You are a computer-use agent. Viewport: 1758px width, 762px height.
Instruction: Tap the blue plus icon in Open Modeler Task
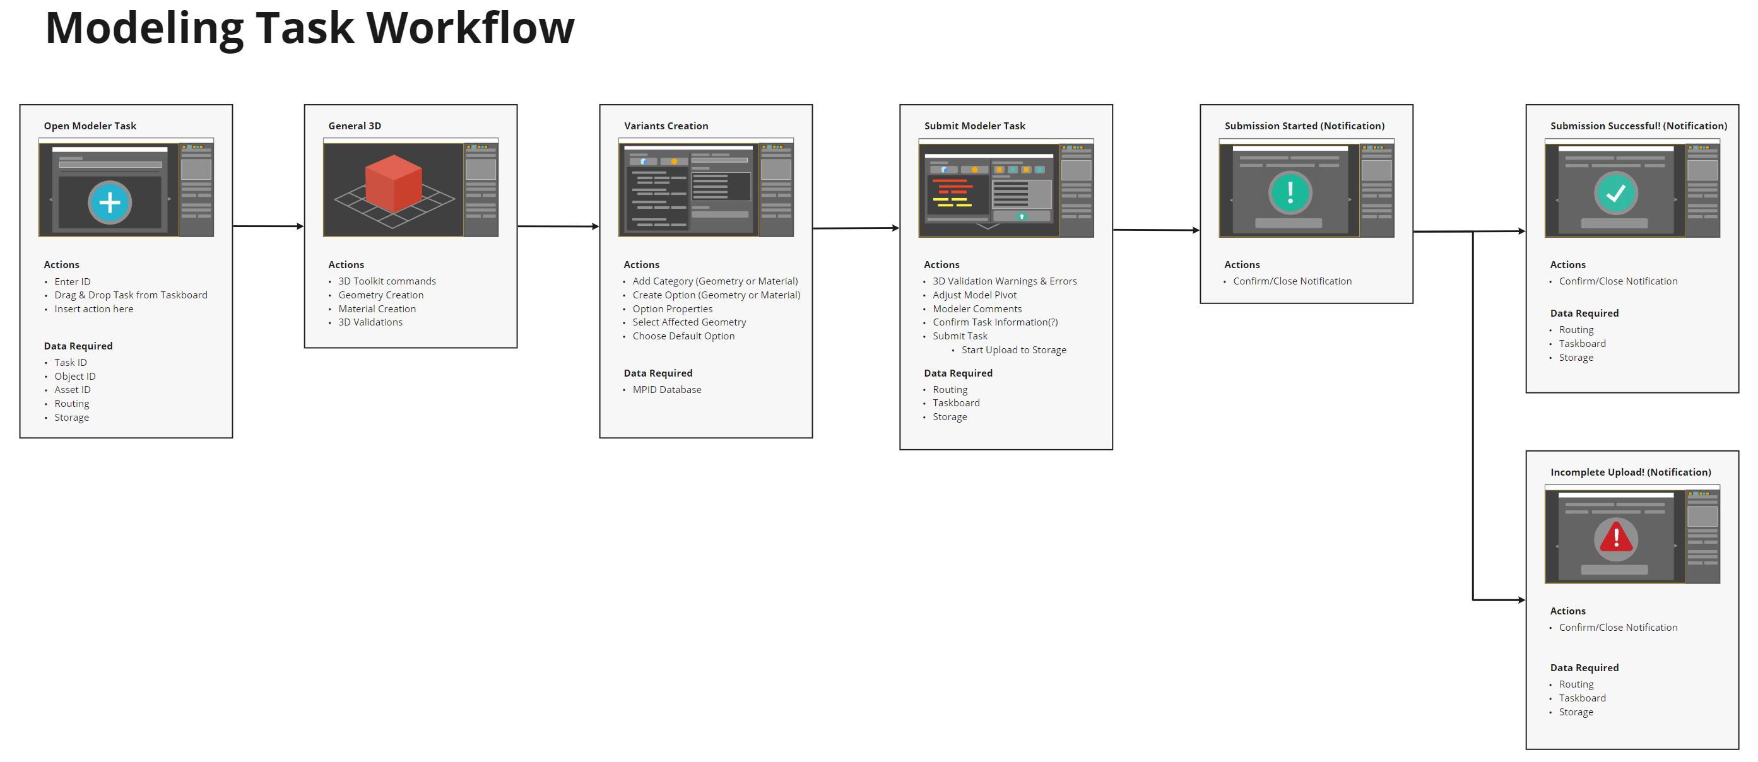pos(110,202)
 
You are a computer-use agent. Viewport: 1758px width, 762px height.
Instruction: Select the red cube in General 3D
pos(394,184)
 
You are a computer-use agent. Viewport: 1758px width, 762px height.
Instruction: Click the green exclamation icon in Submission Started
pos(1290,192)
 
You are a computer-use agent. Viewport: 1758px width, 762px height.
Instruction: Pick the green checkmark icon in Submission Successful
pos(1615,193)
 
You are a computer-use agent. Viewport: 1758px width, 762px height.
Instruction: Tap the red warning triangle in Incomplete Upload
pos(1615,537)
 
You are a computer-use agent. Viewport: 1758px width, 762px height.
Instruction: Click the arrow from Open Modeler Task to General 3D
pos(268,226)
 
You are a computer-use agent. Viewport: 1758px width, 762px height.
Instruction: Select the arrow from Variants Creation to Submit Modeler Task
pos(856,228)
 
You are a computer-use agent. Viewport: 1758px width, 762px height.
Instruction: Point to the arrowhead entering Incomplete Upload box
pos(1521,601)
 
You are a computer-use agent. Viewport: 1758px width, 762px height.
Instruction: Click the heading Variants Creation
pos(666,126)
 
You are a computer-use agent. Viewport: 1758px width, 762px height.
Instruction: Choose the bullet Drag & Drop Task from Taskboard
pos(131,295)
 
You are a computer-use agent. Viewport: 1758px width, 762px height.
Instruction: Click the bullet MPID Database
pos(667,390)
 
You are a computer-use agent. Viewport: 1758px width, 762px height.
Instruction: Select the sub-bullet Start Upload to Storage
pos(1013,350)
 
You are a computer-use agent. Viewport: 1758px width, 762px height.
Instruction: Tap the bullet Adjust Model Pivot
pos(974,295)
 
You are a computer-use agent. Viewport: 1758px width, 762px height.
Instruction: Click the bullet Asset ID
pos(73,390)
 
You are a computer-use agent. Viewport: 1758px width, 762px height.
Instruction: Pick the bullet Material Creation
pos(377,309)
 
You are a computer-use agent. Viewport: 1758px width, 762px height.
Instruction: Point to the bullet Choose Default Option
pos(683,336)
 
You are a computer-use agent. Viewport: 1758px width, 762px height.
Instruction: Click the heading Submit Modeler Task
pos(974,126)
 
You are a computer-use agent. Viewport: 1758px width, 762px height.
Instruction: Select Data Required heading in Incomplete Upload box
pos(1584,668)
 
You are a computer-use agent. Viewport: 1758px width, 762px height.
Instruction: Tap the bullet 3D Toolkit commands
pos(387,281)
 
